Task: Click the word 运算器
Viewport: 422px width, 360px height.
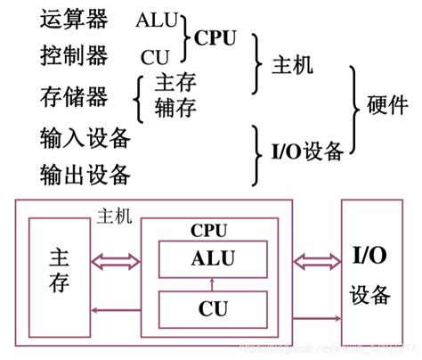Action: pos(73,20)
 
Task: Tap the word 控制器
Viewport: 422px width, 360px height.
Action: pos(73,56)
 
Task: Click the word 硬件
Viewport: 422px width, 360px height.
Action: pos(388,105)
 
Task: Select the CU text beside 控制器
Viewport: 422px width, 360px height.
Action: pos(154,57)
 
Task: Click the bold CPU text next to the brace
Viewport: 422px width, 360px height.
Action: pos(217,38)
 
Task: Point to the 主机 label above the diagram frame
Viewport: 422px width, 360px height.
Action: pos(112,217)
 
